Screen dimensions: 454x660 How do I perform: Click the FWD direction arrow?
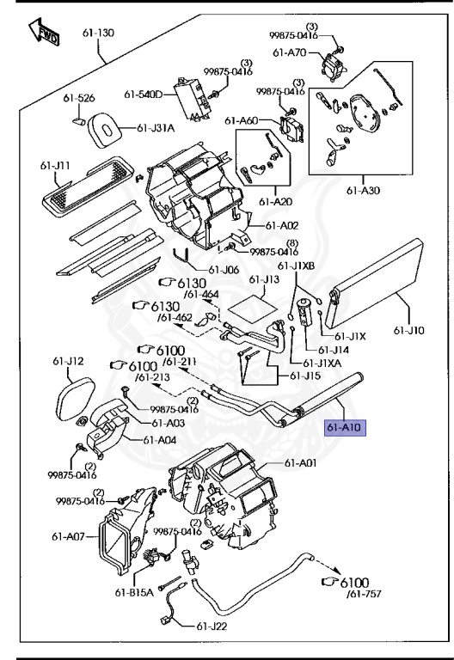43,32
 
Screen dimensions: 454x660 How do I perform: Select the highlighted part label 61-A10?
344,427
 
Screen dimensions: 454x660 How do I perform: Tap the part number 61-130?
98,33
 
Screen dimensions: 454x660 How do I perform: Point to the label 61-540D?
144,95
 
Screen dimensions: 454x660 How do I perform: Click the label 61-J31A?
156,127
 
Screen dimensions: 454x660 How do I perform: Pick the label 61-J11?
55,166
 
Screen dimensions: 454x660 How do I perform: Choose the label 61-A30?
363,190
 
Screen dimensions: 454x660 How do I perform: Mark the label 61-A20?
275,202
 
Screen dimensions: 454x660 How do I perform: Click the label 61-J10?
409,330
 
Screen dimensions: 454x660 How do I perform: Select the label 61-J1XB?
296,266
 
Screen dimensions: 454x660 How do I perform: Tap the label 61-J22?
212,626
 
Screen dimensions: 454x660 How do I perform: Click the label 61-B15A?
134,592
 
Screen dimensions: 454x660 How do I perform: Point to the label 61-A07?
68,536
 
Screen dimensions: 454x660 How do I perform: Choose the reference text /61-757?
364,594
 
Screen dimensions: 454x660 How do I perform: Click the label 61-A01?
300,463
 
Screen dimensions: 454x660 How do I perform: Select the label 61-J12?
68,361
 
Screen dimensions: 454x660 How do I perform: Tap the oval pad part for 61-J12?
75,397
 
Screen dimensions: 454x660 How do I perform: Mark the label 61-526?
79,98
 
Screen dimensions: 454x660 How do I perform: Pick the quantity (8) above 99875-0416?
292,243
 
